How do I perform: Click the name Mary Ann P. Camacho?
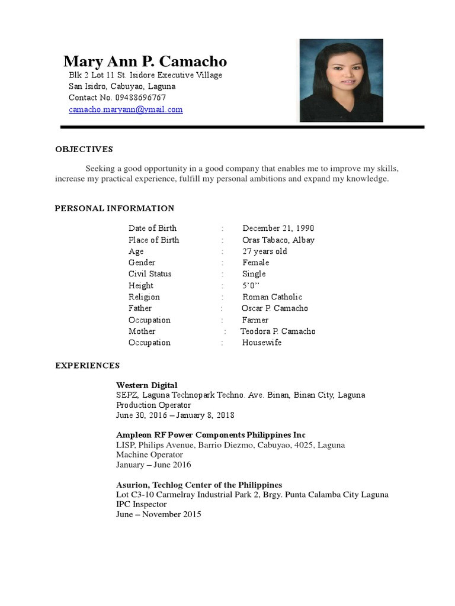pos(145,62)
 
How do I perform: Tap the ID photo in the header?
pos(341,80)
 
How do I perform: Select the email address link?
pos(126,109)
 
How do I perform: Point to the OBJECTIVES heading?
pos(84,149)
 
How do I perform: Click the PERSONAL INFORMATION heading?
pos(114,208)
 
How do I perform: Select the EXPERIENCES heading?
pos(88,366)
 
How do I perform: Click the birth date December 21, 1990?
pos(278,228)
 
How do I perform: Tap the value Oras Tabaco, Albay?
pos(278,240)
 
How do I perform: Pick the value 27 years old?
pos(265,251)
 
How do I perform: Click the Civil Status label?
pos(150,274)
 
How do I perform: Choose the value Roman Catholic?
pos(272,297)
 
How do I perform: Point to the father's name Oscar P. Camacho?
pos(275,308)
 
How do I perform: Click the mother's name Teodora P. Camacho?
pos(278,331)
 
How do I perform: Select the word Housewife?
pos(262,343)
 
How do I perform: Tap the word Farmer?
pos(255,320)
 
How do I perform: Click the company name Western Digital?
pos(146,385)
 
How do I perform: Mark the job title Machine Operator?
pos(149,454)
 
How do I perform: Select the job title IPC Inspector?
pos(142,504)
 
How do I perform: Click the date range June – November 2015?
pos(159,514)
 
